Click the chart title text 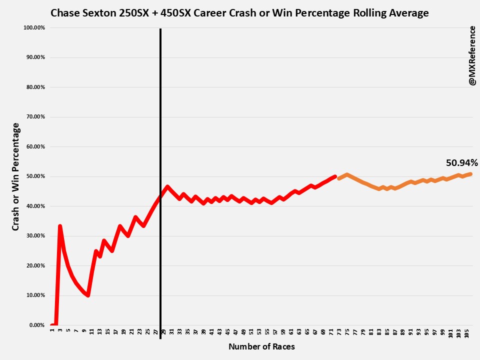coord(239,13)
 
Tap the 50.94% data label coord(462,162)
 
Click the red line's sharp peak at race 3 coord(60,226)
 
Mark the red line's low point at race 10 coord(88,295)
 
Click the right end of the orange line coord(470,174)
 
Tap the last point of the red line coord(334,176)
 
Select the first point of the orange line coord(339,178)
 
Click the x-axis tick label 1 coord(52,331)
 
